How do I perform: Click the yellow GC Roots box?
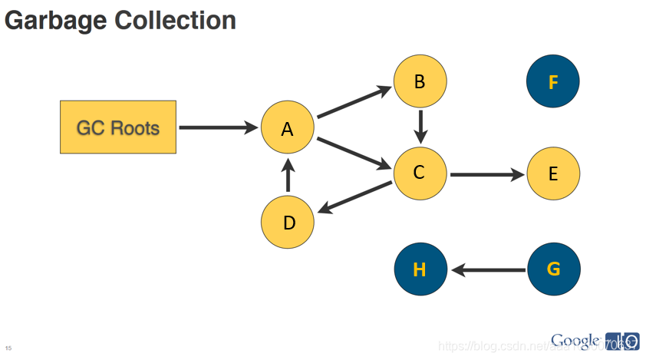(x=118, y=127)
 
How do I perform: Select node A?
(x=287, y=128)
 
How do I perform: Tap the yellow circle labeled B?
(x=420, y=81)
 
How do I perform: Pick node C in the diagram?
(x=420, y=173)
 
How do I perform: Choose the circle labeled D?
(x=288, y=223)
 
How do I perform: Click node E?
(x=553, y=173)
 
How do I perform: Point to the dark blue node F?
(x=553, y=81)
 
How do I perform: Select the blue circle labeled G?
(x=553, y=269)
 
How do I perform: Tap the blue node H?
(x=420, y=269)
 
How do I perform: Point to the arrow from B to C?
(x=420, y=124)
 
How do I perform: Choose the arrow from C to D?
(x=354, y=197)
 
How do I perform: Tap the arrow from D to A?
(x=288, y=176)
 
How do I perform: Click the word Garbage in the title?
(x=56, y=20)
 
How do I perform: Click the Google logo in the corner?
(x=575, y=340)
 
